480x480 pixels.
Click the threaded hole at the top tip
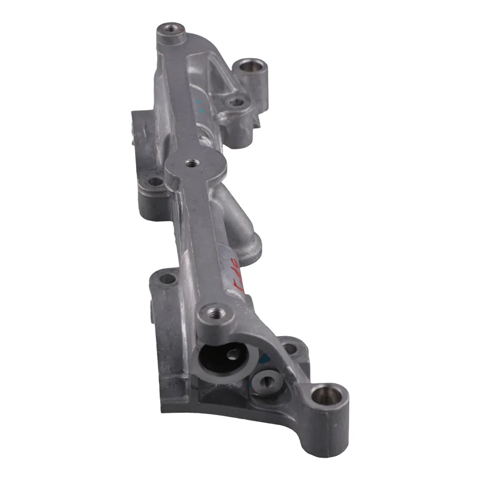[x=167, y=28]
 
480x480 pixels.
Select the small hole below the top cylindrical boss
[x=236, y=102]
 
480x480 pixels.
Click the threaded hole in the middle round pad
[x=191, y=162]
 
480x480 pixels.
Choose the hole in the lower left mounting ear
[x=167, y=278]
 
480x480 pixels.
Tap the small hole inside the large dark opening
[x=232, y=354]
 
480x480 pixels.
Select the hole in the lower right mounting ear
[x=290, y=347]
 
